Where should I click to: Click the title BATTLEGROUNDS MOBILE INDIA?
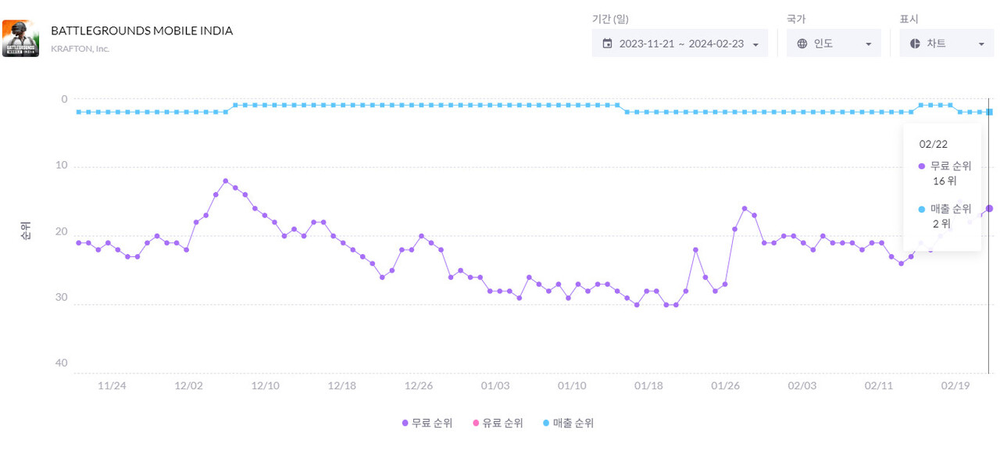click(141, 30)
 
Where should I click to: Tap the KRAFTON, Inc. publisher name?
click(80, 48)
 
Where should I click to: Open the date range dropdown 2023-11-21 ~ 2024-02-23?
click(680, 44)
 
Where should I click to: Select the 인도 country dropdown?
click(834, 44)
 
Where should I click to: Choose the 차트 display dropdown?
click(946, 44)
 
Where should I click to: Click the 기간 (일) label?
click(610, 20)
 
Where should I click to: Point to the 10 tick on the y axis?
click(61, 166)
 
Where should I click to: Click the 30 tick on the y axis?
click(61, 298)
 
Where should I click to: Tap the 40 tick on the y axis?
click(61, 363)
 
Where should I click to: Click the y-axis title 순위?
click(26, 231)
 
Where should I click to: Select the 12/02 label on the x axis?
click(189, 386)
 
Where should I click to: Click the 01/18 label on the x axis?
click(649, 386)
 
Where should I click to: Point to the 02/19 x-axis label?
click(955, 386)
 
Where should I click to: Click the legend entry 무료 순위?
click(427, 423)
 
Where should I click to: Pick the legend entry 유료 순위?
click(497, 423)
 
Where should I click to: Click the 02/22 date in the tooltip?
click(933, 144)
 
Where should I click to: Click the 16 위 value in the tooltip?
click(944, 181)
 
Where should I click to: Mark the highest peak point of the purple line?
click(225, 181)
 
